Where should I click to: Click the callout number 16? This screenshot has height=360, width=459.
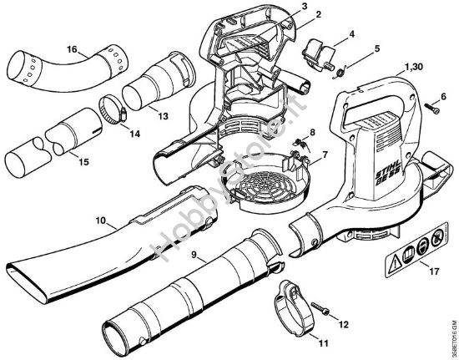73,49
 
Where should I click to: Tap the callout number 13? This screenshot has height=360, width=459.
162,115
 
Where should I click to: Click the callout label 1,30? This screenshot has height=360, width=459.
412,67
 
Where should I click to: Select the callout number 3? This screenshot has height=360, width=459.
280,7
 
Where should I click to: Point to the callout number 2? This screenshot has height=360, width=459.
295,16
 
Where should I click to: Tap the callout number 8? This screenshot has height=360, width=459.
313,133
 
